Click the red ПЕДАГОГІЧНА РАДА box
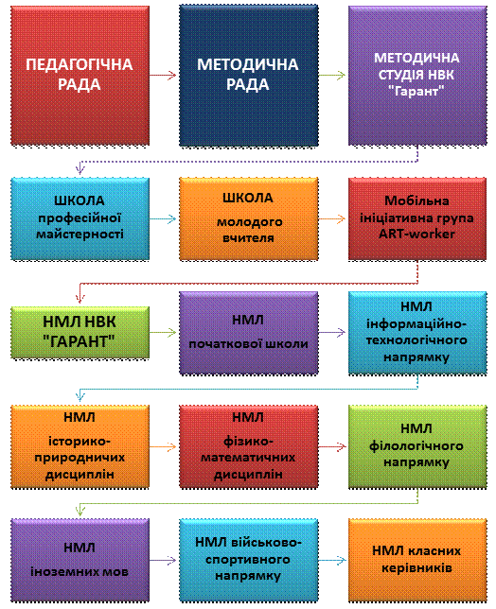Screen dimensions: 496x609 (x=80, y=76)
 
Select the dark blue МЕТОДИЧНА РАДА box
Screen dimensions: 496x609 (x=249, y=76)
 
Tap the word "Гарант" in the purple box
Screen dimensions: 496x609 (x=416, y=92)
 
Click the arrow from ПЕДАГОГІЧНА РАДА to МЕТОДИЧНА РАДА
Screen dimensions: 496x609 (x=163, y=75)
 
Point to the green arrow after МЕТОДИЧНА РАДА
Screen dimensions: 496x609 (x=332, y=75)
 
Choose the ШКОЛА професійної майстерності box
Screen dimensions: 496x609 (x=80, y=218)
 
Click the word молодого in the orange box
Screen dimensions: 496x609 (x=250, y=222)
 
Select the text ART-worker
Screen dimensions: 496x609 (x=416, y=234)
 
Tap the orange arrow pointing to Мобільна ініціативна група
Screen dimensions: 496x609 (x=332, y=219)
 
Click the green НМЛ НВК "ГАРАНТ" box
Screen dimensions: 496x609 (x=80, y=332)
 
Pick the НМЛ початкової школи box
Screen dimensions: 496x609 (x=249, y=333)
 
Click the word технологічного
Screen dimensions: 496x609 (x=416, y=340)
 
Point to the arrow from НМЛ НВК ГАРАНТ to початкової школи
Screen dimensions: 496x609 (x=163, y=333)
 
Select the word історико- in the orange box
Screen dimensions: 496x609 (x=80, y=442)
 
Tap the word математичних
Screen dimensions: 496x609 (x=248, y=458)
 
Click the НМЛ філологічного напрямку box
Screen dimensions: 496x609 (x=417, y=446)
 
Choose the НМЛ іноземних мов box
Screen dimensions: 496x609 (x=80, y=560)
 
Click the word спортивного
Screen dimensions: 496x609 (x=248, y=560)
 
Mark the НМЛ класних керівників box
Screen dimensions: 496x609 (x=417, y=560)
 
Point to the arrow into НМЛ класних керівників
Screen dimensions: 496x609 (x=332, y=560)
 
